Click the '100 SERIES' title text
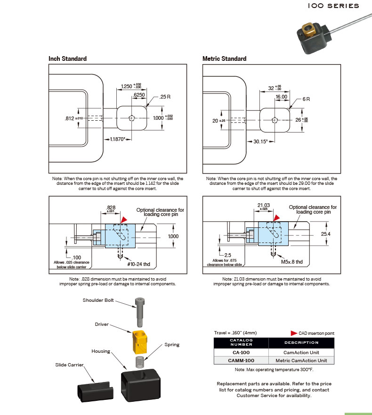333,6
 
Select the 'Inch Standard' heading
67,58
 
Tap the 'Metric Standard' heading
224,58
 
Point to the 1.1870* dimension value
119,140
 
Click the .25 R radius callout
165,97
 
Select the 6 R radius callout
306,100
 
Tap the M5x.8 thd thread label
292,262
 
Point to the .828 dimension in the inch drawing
111,207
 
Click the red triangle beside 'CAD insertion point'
294,333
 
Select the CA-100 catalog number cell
241,352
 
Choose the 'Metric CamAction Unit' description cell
301,360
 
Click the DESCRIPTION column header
301,343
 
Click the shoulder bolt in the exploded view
139,311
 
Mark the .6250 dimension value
139,95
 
